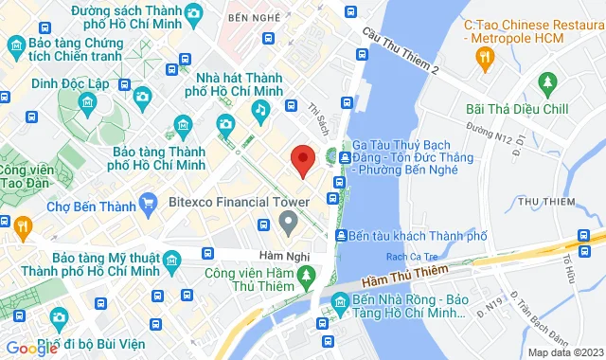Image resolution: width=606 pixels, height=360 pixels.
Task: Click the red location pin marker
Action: (x=302, y=160)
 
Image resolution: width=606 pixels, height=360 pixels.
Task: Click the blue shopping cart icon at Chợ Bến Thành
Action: (x=148, y=202)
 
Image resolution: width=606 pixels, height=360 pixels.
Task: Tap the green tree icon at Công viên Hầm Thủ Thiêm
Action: (x=305, y=275)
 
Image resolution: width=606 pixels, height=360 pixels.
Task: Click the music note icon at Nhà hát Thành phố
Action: (x=259, y=110)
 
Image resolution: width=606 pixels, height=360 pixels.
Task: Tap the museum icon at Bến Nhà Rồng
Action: (x=339, y=305)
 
